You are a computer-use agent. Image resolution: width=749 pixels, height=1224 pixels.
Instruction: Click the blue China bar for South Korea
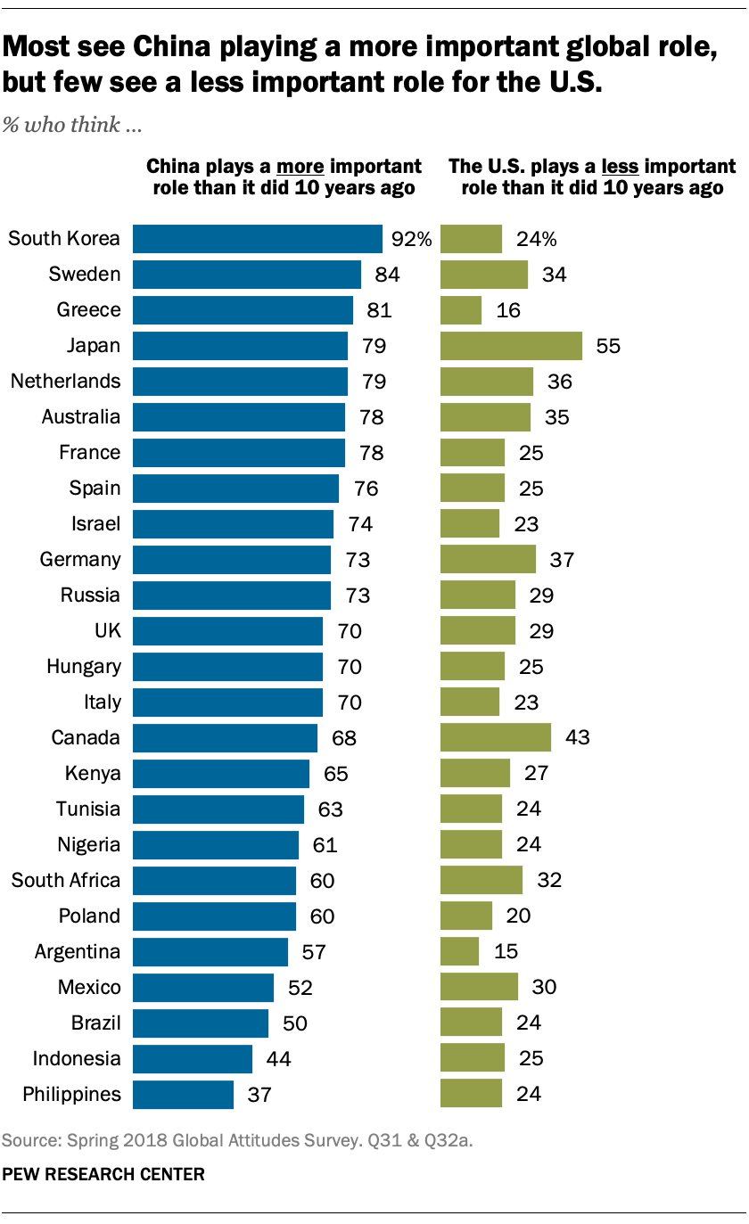coord(258,239)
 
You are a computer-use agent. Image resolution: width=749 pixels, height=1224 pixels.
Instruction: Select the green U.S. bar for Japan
coord(511,346)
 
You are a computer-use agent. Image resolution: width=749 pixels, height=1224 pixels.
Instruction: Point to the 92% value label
coord(411,239)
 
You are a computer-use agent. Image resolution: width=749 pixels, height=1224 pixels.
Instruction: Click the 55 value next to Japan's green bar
coord(608,346)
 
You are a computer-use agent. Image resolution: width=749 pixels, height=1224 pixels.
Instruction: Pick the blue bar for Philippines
coord(183,1095)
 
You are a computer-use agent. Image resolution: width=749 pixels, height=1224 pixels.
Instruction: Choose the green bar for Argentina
coord(459,952)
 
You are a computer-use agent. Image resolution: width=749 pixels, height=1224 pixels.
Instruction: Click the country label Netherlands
coord(65,382)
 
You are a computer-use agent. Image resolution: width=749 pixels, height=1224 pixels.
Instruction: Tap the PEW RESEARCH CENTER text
coord(103,1175)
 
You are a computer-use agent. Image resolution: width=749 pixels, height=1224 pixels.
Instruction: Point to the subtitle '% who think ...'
coord(73,125)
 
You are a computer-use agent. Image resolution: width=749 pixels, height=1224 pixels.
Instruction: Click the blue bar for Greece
coord(243,310)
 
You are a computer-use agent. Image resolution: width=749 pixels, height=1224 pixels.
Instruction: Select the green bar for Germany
coord(488,560)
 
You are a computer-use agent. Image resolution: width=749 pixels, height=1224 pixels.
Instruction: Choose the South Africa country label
coord(65,881)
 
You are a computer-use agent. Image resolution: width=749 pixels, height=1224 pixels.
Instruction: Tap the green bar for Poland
coord(466,916)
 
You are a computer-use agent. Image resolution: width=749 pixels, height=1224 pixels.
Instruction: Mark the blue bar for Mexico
coord(203,988)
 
